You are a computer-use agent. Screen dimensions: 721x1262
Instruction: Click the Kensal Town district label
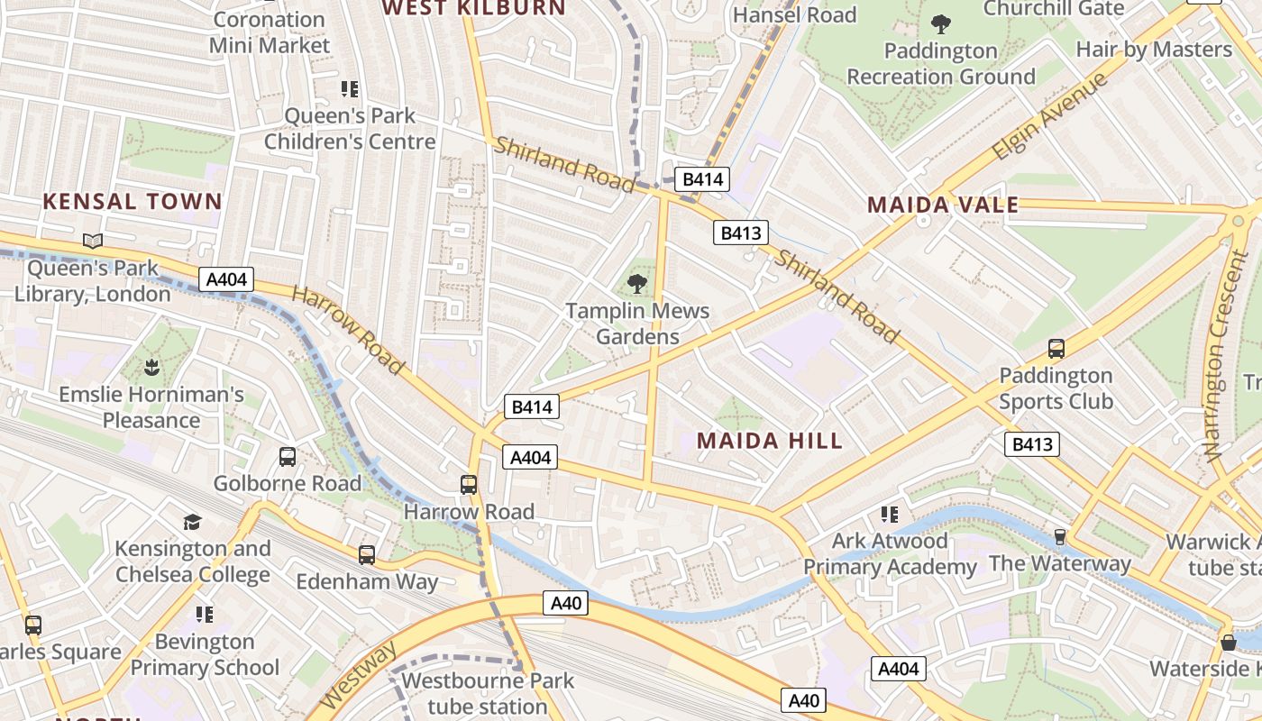(133, 201)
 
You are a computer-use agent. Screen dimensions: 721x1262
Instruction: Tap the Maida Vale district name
(943, 205)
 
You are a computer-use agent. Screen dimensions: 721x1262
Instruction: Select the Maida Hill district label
(770, 441)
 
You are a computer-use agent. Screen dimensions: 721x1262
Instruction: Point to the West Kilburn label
(473, 8)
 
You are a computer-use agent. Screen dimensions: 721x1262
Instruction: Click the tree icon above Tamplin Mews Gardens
(637, 284)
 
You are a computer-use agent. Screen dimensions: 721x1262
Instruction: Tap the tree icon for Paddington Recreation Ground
(941, 23)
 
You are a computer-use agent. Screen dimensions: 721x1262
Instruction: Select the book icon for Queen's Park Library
(93, 241)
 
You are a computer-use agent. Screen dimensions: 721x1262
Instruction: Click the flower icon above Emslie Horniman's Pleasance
(151, 368)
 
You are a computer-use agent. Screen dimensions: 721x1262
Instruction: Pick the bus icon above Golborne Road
(288, 457)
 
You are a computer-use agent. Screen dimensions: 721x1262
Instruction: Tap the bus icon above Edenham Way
(367, 555)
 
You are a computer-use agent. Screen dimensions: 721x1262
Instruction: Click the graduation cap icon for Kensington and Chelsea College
(192, 522)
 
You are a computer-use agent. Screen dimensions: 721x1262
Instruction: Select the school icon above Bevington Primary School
(205, 615)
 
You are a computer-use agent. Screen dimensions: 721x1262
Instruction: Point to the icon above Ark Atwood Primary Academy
(890, 515)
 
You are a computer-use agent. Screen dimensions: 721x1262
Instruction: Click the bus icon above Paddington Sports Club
(1056, 349)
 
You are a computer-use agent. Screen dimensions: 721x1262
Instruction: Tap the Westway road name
(358, 675)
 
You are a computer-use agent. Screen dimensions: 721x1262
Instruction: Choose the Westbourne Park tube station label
(488, 693)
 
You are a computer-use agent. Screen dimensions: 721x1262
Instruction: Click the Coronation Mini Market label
(269, 32)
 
